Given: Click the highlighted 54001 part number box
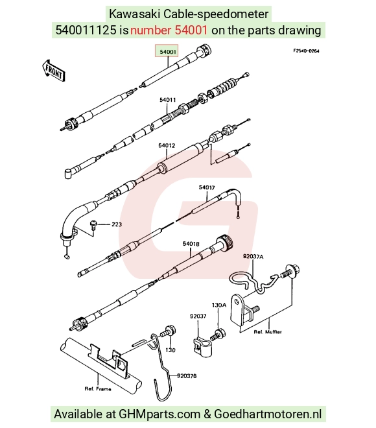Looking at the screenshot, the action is point(167,51).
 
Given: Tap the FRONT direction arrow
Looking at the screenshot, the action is point(53,71).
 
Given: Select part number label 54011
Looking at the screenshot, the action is point(167,100).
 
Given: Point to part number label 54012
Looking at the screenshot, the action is point(167,145).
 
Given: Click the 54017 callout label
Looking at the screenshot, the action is point(207,187).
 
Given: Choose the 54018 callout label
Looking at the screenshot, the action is point(191,244).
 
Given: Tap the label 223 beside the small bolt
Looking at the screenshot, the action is point(117,224).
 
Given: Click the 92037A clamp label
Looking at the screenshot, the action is point(253,257).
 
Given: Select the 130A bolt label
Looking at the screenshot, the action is point(219,305).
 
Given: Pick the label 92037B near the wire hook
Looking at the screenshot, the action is point(187,376).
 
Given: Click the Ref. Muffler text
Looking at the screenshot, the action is point(268,332).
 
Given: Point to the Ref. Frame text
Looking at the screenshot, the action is point(98,388).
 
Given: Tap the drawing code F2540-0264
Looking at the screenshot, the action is point(306,51).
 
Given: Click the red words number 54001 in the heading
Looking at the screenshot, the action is point(169,30).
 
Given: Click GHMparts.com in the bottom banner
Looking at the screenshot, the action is point(159,414).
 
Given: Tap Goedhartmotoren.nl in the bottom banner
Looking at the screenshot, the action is point(268,414).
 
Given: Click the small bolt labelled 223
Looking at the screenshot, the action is point(93,226).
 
